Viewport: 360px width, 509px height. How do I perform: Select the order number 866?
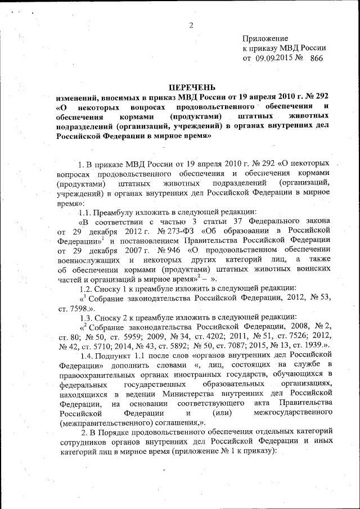[317, 58]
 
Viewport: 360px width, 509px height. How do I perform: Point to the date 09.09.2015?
[273, 58]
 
